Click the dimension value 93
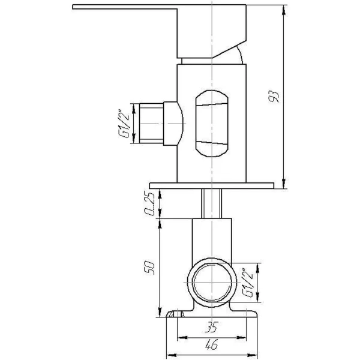pyautogui.click(x=275, y=97)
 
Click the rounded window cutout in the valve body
pyautogui.click(x=211, y=124)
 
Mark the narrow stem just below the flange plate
pyautogui.click(x=212, y=204)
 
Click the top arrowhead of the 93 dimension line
pyautogui.click(x=282, y=8)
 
